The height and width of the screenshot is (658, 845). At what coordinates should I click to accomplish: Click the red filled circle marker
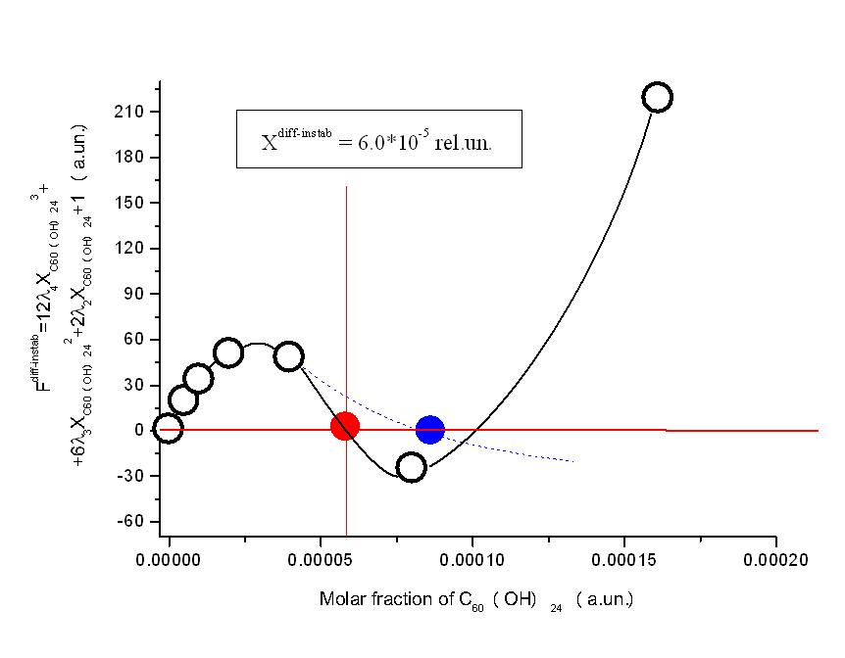344,426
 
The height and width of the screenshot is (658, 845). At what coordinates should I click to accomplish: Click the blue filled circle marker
429,429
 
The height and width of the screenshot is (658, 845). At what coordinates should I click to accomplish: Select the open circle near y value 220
657,97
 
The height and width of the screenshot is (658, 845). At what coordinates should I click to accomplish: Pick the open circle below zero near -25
411,467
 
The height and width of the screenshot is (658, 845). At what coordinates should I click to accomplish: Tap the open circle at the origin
169,430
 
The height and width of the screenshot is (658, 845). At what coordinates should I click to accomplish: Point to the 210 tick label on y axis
130,112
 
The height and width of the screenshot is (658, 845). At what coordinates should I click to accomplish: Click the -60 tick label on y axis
130,521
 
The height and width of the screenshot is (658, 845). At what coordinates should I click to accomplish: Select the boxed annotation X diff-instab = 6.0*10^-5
377,140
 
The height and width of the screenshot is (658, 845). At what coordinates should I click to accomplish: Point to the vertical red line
346,294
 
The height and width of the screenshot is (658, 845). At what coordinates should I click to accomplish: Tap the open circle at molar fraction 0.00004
289,356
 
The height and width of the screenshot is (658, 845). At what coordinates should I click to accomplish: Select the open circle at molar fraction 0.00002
228,352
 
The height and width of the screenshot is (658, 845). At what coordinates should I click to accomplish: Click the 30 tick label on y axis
134,385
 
